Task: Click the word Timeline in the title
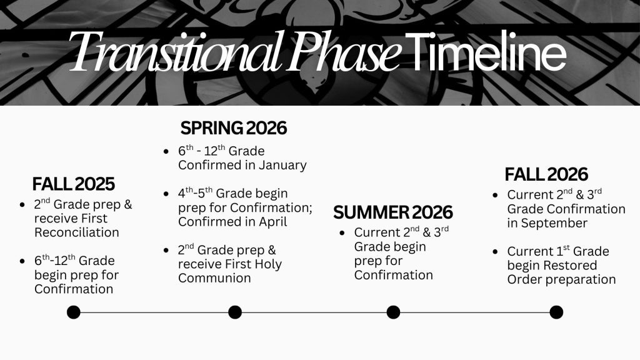click(x=486, y=51)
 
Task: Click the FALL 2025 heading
click(x=74, y=184)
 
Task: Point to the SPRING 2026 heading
click(x=234, y=128)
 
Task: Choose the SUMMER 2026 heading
click(x=392, y=212)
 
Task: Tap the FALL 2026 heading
click(x=546, y=174)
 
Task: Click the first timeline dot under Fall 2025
click(x=74, y=312)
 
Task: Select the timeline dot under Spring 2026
click(x=235, y=312)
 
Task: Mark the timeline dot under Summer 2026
click(x=393, y=312)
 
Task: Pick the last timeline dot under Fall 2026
click(x=556, y=312)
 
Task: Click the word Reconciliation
click(x=77, y=232)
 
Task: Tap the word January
click(x=282, y=165)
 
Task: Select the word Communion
click(x=214, y=278)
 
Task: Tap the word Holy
click(x=268, y=264)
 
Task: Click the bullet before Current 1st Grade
click(x=495, y=251)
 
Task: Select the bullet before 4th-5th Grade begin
click(x=166, y=194)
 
